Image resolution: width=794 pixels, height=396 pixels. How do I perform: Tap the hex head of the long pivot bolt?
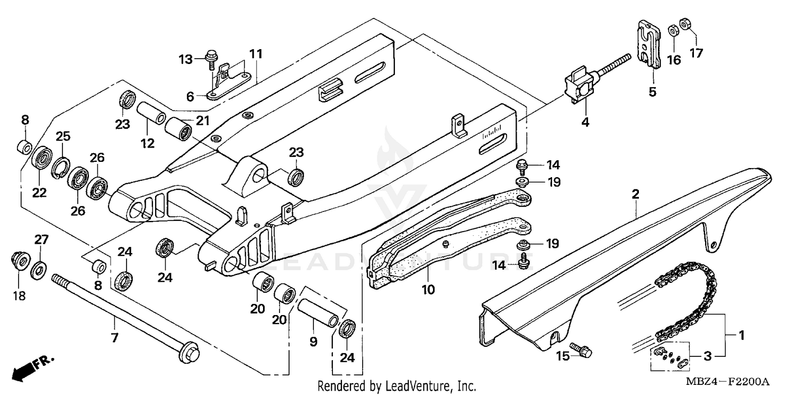pos(188,353)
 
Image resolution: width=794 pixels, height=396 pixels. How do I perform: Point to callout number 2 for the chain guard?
pos(635,194)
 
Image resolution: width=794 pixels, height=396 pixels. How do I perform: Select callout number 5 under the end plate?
pos(652,92)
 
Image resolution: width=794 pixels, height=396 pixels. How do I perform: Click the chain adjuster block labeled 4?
pos(580,85)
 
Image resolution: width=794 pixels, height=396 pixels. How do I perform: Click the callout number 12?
pos(148,143)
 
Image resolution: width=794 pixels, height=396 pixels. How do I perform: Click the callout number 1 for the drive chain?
pos(742,335)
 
